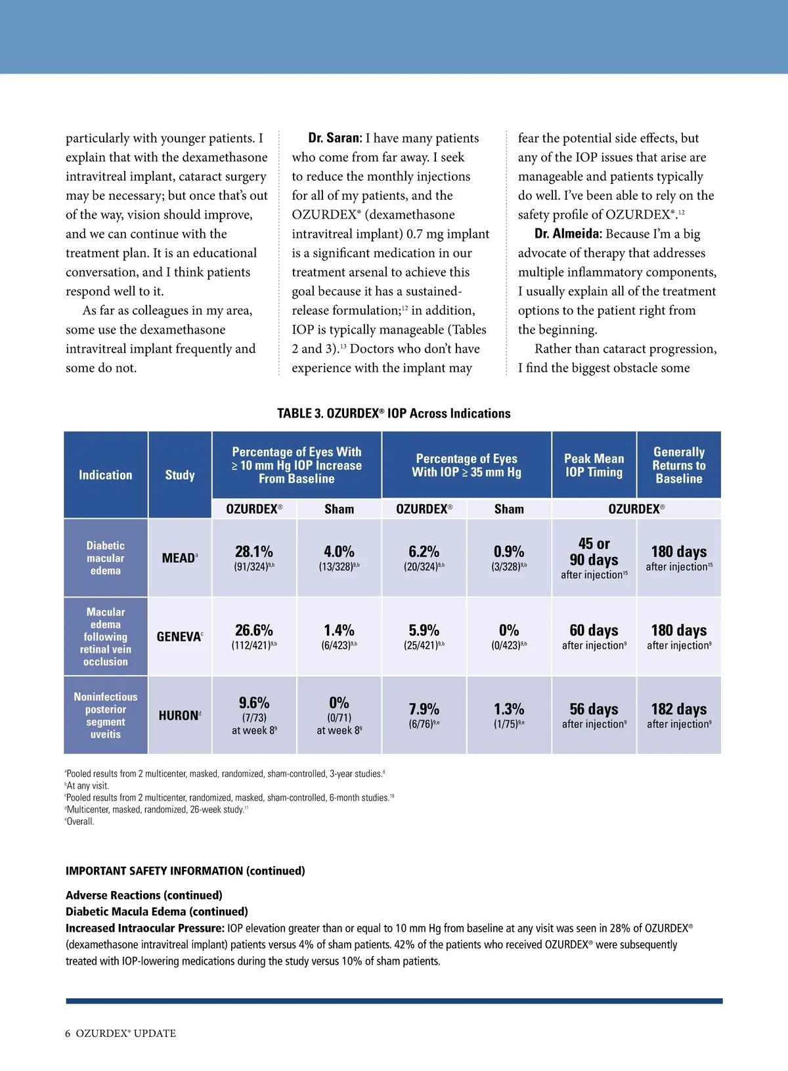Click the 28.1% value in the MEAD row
(254, 552)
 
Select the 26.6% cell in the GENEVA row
(254, 631)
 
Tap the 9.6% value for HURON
(254, 703)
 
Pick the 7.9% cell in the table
(424, 710)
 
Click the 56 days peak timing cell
(594, 710)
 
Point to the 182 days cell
(679, 710)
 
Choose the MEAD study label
(179, 558)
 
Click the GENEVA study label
(179, 637)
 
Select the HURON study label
(179, 716)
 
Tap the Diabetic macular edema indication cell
(106, 558)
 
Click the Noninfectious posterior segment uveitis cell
(106, 715)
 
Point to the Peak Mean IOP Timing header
(594, 465)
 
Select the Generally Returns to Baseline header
(679, 465)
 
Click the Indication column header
(106, 475)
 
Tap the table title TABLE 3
(393, 414)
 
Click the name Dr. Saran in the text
(335, 138)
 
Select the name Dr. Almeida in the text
(568, 234)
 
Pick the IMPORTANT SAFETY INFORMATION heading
(185, 871)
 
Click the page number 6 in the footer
(68, 1033)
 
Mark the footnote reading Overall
(79, 821)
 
